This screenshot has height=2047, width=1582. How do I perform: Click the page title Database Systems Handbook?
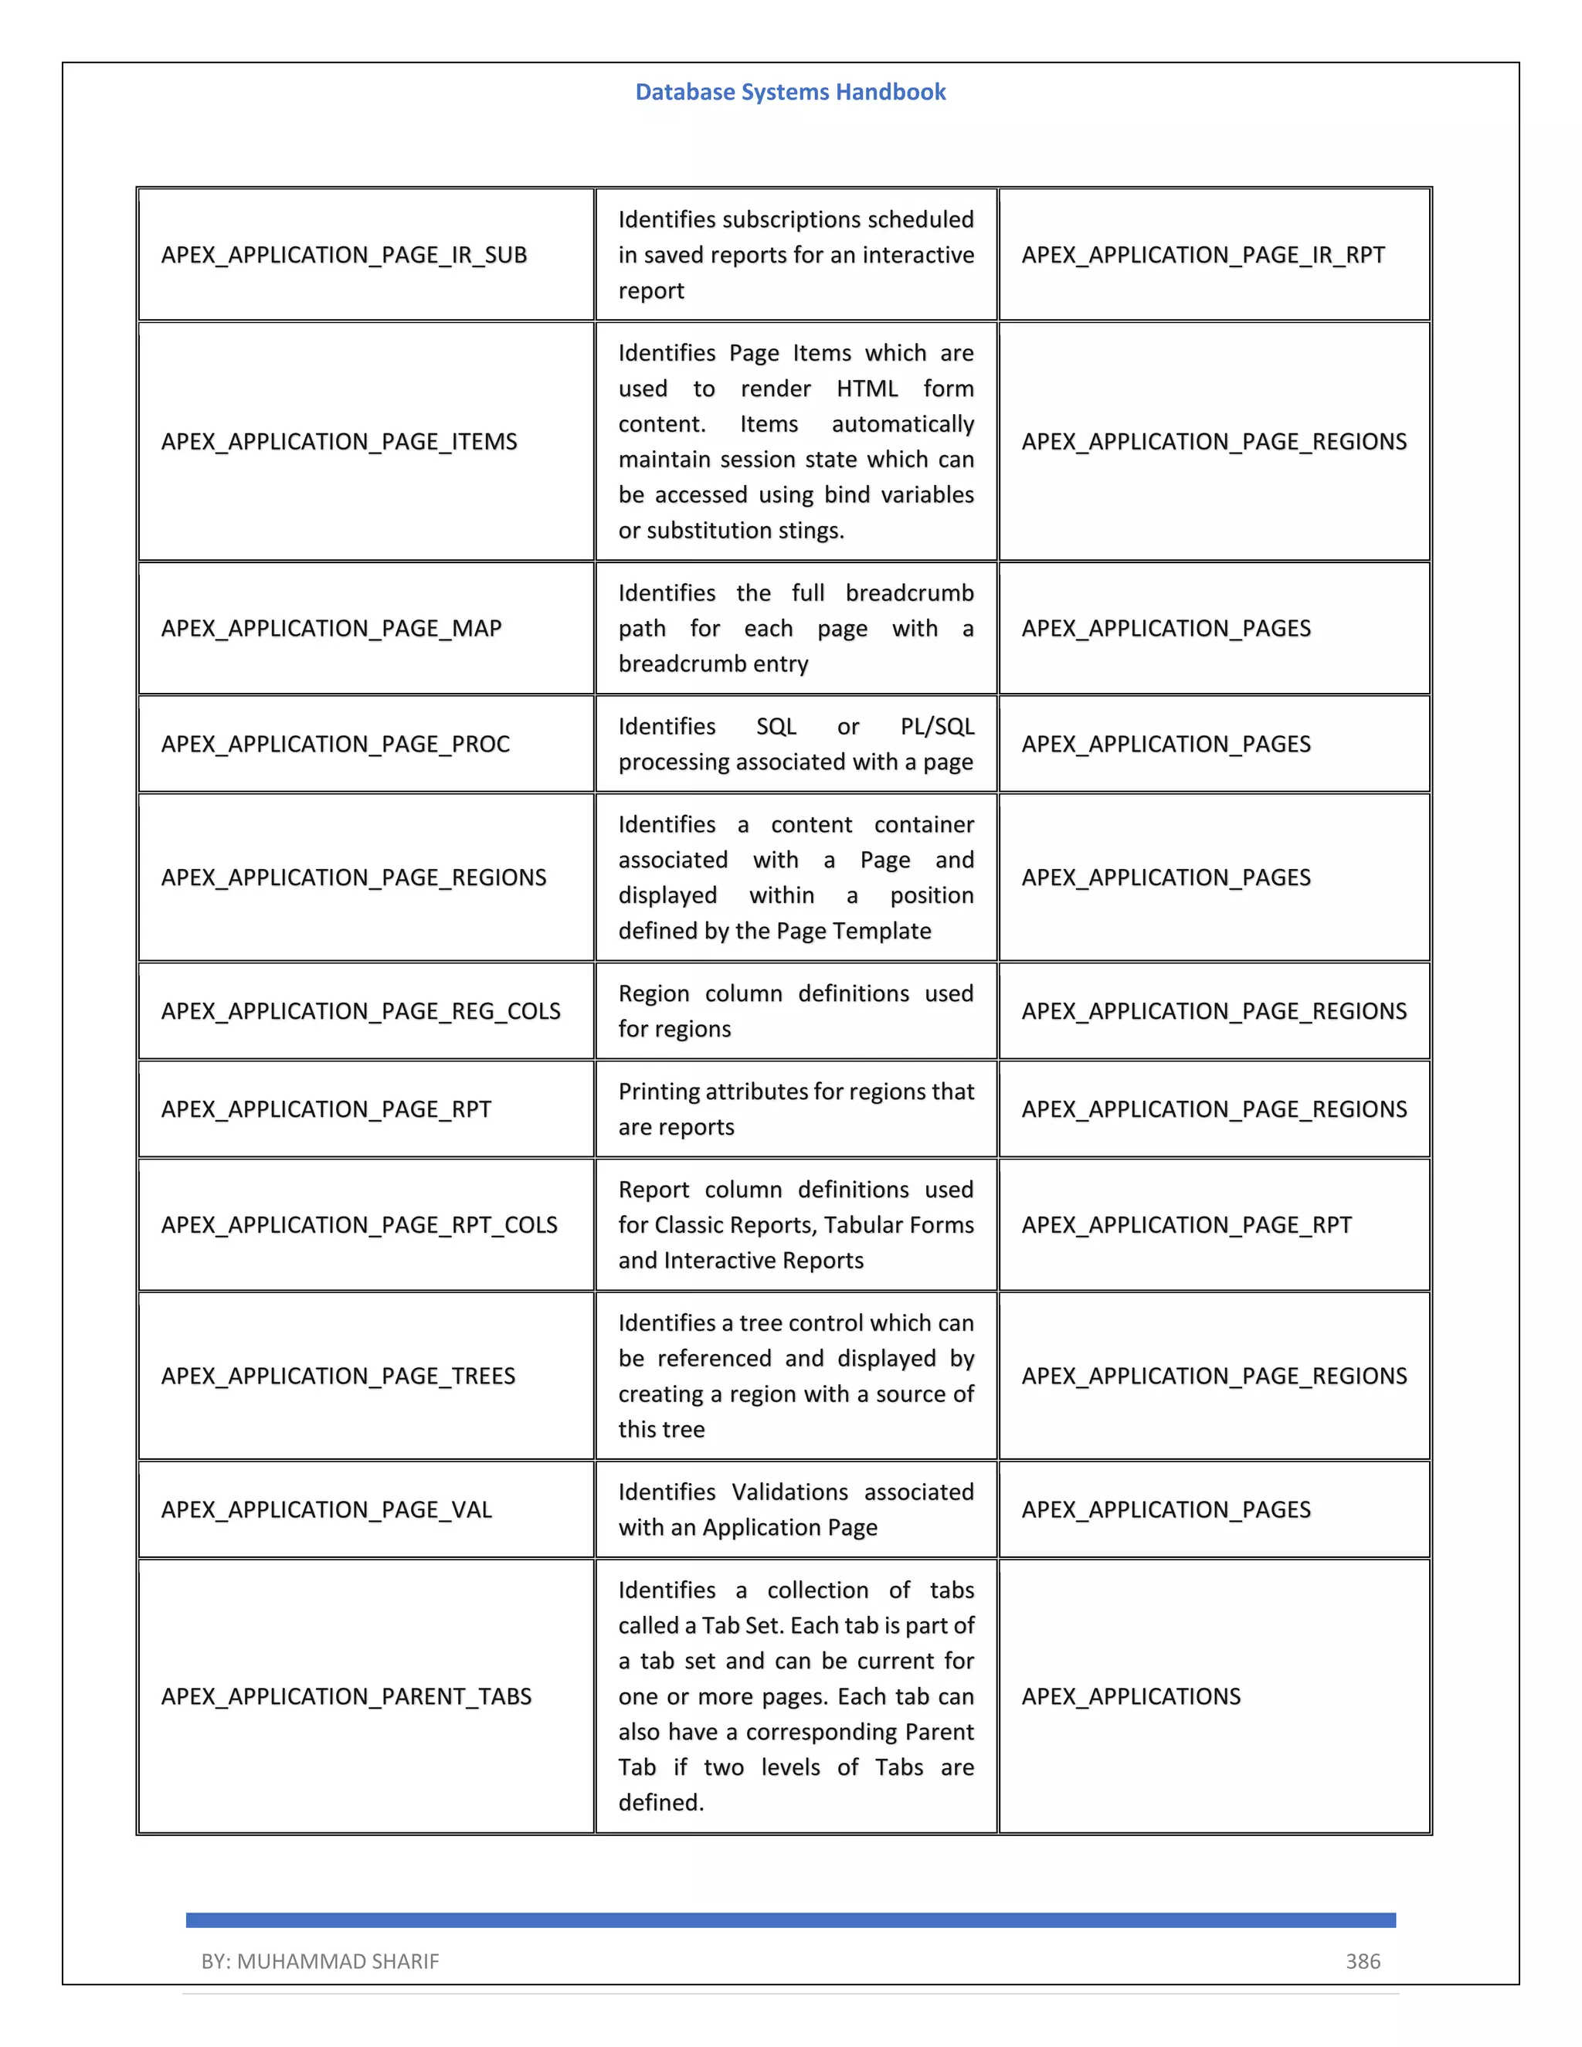pos(790,92)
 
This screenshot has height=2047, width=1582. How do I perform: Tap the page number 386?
pos(1363,1960)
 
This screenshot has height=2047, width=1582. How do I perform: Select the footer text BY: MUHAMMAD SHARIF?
pos(320,1960)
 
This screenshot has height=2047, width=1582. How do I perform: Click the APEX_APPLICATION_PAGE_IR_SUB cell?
pos(344,255)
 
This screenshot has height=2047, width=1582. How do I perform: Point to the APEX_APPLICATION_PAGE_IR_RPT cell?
pos(1203,255)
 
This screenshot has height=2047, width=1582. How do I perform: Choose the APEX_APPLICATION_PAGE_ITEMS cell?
pos(339,441)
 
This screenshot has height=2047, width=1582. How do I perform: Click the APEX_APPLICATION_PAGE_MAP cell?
pos(331,628)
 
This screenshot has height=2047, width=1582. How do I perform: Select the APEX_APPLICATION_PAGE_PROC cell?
pos(335,744)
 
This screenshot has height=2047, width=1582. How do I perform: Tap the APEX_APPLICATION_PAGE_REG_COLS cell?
pos(361,1011)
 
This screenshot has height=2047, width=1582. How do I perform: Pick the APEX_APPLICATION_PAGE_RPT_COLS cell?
pos(359,1225)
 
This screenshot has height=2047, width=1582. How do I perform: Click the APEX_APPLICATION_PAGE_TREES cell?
pos(338,1376)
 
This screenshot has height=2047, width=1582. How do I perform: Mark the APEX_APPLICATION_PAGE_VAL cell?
pos(326,1510)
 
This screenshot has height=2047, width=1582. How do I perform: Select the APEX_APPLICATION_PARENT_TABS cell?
pos(346,1696)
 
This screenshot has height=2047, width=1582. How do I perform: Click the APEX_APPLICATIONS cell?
pos(1130,1696)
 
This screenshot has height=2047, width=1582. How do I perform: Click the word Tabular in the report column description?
pos(831,1225)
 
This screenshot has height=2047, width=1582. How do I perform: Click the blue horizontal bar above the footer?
pos(790,1920)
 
